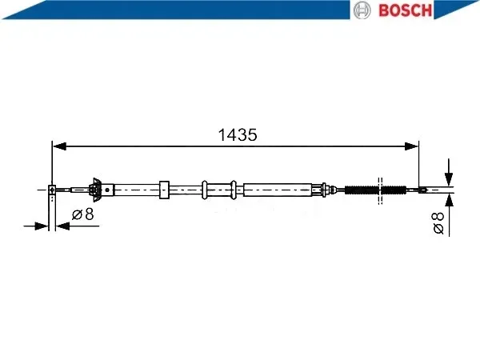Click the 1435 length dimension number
238,135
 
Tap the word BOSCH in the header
404,10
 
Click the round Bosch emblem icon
362,10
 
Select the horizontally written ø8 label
82,214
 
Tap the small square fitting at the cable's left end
52,190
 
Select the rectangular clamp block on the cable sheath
165,190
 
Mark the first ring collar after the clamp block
205,190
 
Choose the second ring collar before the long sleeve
234,190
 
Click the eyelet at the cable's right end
423,190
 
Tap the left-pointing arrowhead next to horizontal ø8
64,226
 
